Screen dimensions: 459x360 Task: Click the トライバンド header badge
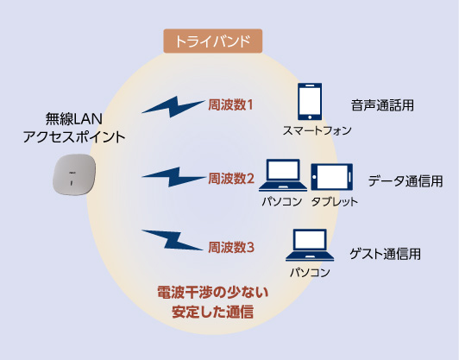(213, 41)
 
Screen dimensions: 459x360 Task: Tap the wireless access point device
(74, 174)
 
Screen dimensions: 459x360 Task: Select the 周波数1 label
(230, 104)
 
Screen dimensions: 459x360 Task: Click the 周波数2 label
(231, 179)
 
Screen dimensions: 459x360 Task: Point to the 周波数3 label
(231, 248)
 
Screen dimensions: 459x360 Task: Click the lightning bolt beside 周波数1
(173, 107)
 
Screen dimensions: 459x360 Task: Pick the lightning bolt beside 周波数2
(174, 177)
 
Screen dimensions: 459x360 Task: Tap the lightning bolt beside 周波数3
(173, 240)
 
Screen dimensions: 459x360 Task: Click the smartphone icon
(310, 101)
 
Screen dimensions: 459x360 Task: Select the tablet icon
(331, 177)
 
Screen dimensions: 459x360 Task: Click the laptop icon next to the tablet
(283, 175)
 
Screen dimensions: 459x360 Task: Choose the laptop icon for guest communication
(310, 245)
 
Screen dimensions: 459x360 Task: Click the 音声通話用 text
(382, 105)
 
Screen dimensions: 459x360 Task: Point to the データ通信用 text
(406, 181)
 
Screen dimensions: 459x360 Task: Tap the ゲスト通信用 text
(385, 254)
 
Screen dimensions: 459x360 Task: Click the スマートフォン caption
(317, 130)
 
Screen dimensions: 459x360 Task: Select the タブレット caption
(335, 201)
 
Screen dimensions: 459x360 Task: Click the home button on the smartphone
(310, 117)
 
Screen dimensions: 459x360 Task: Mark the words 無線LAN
(74, 119)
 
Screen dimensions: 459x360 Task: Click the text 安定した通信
(213, 312)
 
